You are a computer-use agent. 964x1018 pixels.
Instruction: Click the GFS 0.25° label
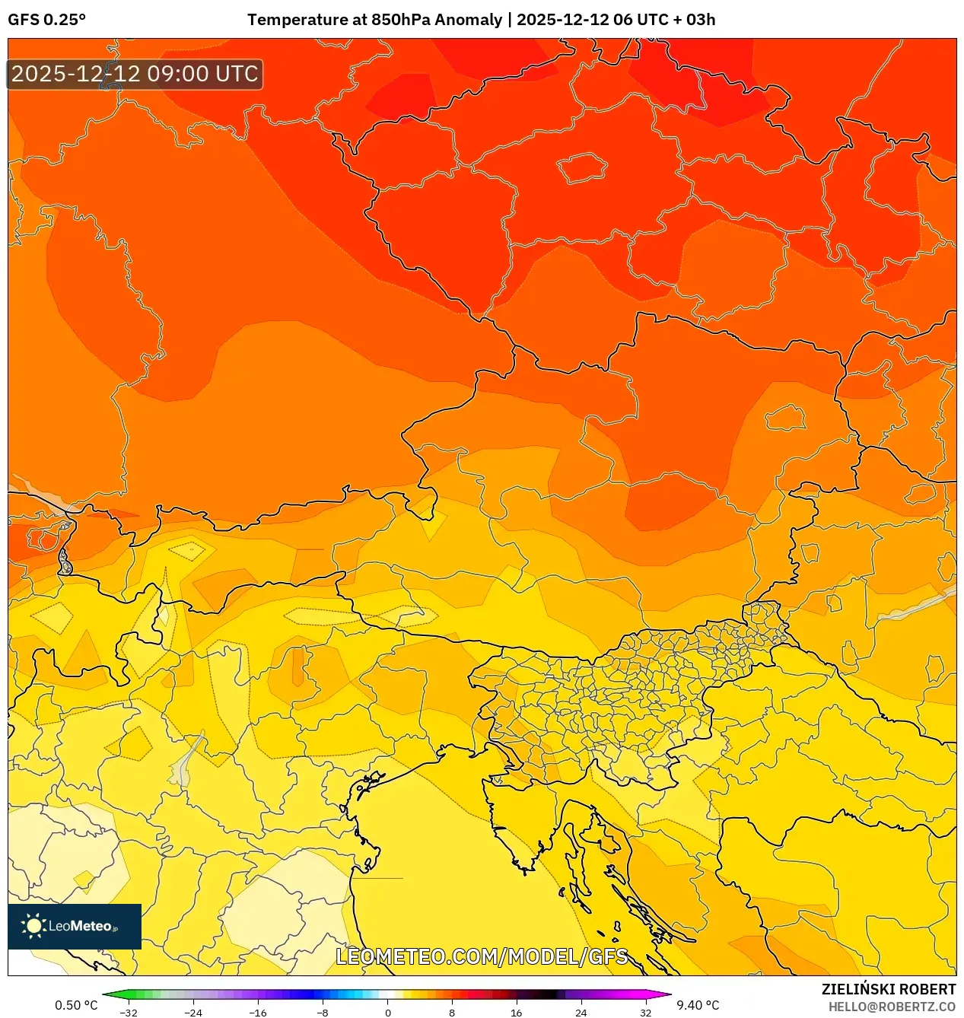coord(47,20)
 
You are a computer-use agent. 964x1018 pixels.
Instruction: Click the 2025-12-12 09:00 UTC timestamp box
coord(135,75)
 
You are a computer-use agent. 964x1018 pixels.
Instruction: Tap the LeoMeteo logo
coord(75,926)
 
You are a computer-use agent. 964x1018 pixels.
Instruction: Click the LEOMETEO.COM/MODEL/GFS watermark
coord(482,956)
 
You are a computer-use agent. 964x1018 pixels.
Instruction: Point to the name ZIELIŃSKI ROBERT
coord(888,989)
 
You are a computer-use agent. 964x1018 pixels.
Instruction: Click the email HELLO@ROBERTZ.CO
coord(892,1007)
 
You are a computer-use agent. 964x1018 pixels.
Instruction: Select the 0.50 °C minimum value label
coord(76,1005)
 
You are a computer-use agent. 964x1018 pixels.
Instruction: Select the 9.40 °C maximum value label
coord(698,1005)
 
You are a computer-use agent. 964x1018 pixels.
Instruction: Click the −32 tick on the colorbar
coord(129,1013)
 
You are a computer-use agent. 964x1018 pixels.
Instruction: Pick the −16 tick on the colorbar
coord(258,1013)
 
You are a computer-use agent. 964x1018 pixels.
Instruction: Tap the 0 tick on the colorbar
coord(387,1013)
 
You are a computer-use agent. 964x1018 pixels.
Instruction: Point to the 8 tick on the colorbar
coord(452,1013)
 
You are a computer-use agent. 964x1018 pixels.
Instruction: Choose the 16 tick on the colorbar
coord(516,1013)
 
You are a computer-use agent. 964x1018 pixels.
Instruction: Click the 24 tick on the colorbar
coord(581,1013)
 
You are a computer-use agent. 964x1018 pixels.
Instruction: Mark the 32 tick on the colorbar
coord(645,1013)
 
